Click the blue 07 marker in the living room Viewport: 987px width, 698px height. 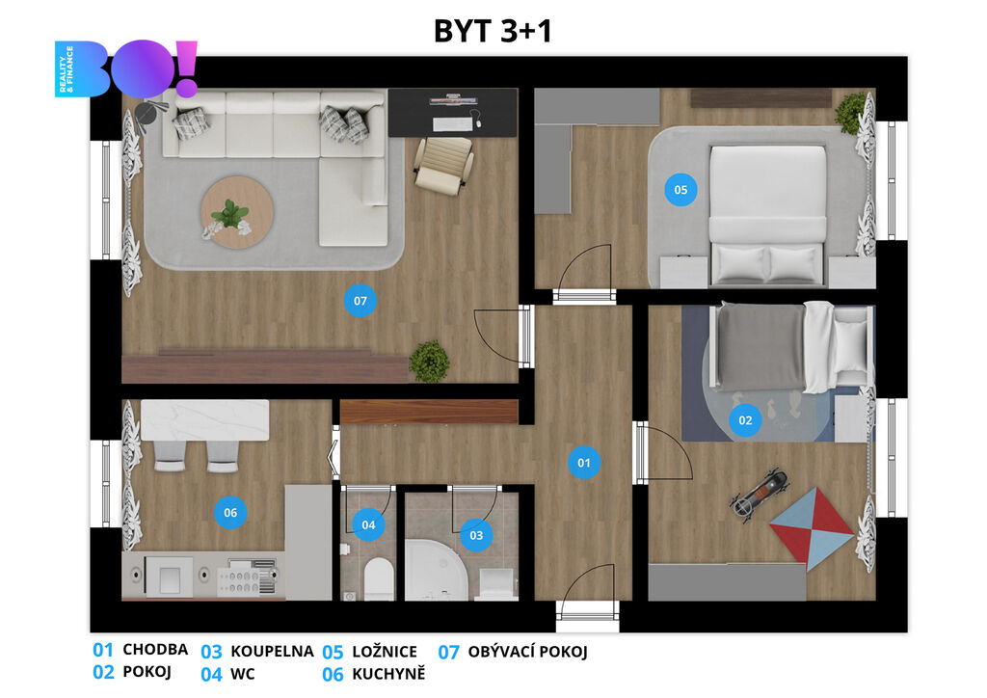360,301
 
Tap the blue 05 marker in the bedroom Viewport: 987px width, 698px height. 680,190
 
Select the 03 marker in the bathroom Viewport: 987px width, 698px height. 476,535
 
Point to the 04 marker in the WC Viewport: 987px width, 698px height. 368,524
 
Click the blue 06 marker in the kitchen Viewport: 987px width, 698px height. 230,512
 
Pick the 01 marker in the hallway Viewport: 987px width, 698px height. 583,463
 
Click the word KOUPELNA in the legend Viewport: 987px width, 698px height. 272,652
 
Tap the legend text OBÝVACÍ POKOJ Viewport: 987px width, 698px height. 527,652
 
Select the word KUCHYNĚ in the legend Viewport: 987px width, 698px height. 388,674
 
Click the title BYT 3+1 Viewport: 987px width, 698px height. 493,31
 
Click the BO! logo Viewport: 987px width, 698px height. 126,69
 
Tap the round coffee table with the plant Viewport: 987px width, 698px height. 237,212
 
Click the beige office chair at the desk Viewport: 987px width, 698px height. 443,165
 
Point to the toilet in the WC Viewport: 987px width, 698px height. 378,577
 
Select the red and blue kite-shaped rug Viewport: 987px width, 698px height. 812,529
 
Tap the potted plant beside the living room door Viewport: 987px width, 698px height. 429,362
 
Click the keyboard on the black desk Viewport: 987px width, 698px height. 452,124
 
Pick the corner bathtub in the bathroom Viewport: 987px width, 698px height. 436,570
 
